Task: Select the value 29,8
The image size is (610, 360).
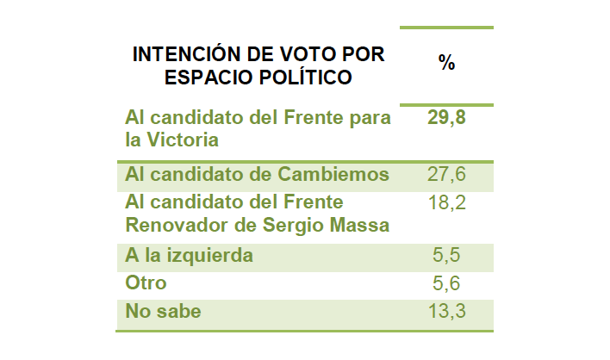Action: (446, 117)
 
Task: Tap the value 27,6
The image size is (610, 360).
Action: (446, 175)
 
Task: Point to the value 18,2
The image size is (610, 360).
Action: (446, 202)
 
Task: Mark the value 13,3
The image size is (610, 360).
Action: (446, 311)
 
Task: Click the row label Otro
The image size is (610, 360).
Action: (146, 283)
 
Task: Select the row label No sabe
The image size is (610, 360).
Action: (163, 311)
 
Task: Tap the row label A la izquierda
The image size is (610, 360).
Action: (190, 256)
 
